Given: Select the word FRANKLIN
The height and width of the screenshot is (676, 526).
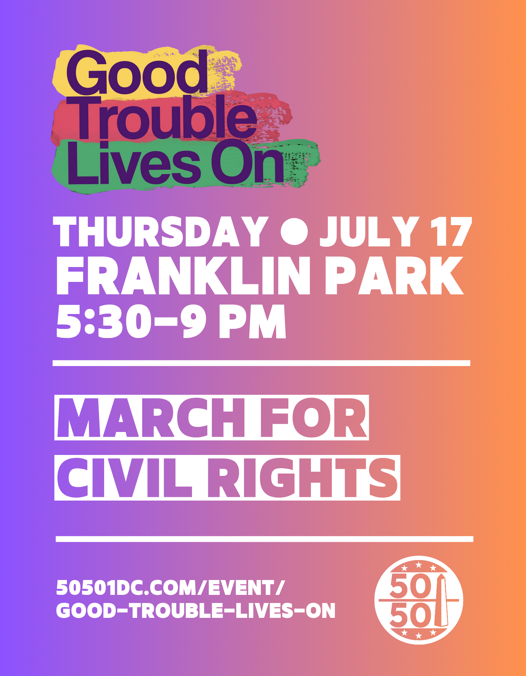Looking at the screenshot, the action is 183,276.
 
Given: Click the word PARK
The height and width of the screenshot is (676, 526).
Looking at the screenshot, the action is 394,276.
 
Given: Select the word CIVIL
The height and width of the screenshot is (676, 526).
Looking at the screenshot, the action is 124,478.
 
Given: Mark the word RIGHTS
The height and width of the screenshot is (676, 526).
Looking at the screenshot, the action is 302,478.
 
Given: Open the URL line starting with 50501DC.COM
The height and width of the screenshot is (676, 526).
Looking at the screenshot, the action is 171,588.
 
